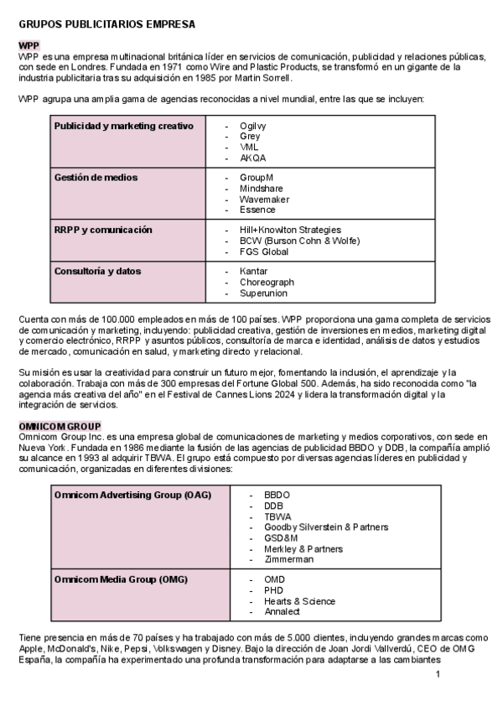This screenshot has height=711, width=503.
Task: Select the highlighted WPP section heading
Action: click(x=29, y=44)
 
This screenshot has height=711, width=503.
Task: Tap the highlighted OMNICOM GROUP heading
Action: click(x=60, y=426)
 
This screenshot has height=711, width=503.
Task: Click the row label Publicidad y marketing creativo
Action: click(x=123, y=126)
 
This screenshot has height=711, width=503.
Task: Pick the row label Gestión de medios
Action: click(x=96, y=178)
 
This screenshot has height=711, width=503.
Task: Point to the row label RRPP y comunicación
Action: click(x=103, y=230)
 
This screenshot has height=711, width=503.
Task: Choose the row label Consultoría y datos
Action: click(x=97, y=272)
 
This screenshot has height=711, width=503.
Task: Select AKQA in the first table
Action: click(x=252, y=158)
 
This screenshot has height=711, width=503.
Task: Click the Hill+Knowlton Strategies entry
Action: click(x=290, y=230)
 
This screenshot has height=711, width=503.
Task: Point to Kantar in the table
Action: click(x=253, y=272)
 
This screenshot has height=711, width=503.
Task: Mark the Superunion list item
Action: click(x=263, y=293)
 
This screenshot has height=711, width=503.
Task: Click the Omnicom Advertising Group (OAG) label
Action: click(x=132, y=495)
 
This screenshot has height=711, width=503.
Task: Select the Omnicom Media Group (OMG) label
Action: click(x=120, y=579)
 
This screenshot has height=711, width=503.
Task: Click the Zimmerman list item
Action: click(x=288, y=559)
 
